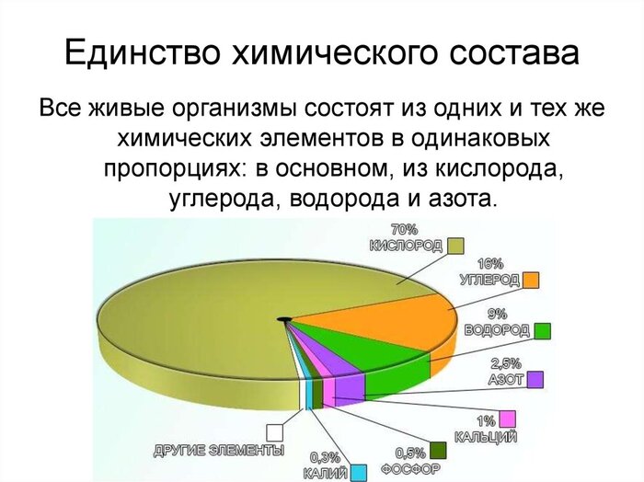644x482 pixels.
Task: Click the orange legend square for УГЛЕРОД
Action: [531, 280]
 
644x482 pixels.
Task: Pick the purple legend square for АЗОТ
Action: [535, 378]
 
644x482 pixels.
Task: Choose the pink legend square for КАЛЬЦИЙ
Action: [507, 419]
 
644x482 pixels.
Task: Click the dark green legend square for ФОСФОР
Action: [438, 449]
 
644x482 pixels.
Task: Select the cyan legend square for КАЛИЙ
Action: [359, 471]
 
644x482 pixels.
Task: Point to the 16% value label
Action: [489, 263]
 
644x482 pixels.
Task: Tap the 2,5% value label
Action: [507, 361]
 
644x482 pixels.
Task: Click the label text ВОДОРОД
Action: [498, 329]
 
